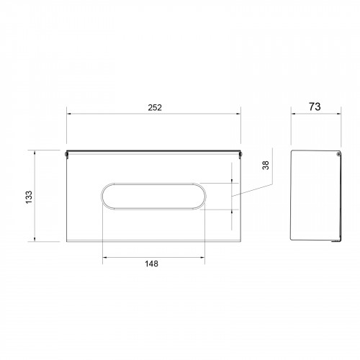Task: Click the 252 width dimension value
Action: pyautogui.click(x=155, y=107)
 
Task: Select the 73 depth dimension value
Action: pyautogui.click(x=315, y=107)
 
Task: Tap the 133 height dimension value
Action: pyautogui.click(x=29, y=197)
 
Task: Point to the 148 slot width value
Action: pyautogui.click(x=151, y=264)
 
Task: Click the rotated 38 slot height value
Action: pyautogui.click(x=266, y=166)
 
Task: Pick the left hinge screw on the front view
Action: pyautogui.click(x=66, y=154)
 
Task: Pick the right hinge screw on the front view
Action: pyautogui.click(x=240, y=154)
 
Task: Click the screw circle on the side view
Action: pyautogui.click(x=338, y=153)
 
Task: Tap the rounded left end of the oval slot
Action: pyautogui.click(x=103, y=197)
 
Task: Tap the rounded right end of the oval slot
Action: pyautogui.click(x=204, y=197)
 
